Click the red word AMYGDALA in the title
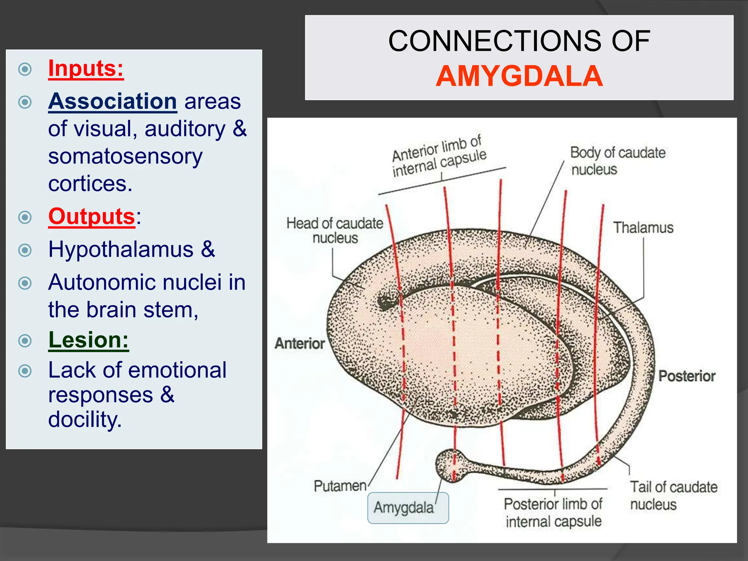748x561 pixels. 519,76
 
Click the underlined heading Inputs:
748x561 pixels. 86,68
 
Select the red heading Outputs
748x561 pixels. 92,216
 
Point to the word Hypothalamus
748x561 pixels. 121,249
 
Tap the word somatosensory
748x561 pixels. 125,156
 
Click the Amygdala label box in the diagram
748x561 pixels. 408,508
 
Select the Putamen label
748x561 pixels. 340,486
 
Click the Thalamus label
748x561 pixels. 643,228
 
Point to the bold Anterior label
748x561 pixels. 299,343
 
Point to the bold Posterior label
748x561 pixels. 687,376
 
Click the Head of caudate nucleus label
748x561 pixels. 335,230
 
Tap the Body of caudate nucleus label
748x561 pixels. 617,161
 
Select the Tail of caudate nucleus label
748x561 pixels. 673,495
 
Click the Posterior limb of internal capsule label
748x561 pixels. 553,512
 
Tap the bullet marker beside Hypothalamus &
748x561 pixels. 25,250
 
